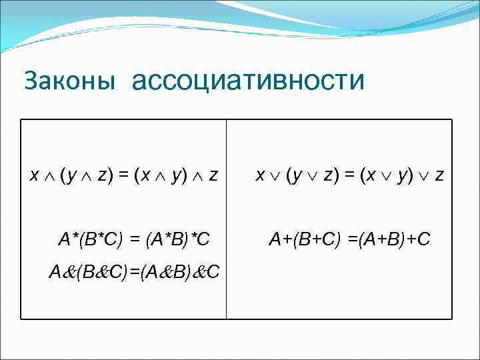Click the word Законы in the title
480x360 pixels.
tap(69, 81)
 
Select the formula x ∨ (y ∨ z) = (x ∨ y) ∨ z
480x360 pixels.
tap(351, 175)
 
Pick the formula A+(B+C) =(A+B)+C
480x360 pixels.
tap(349, 239)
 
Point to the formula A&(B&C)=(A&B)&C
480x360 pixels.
tap(135, 272)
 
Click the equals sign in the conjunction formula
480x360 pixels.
tap(124, 175)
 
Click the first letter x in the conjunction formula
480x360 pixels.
tap(35, 176)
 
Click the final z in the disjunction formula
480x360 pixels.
tap(439, 176)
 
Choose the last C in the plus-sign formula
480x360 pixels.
tap(425, 239)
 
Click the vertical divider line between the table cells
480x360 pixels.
tap(227, 220)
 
